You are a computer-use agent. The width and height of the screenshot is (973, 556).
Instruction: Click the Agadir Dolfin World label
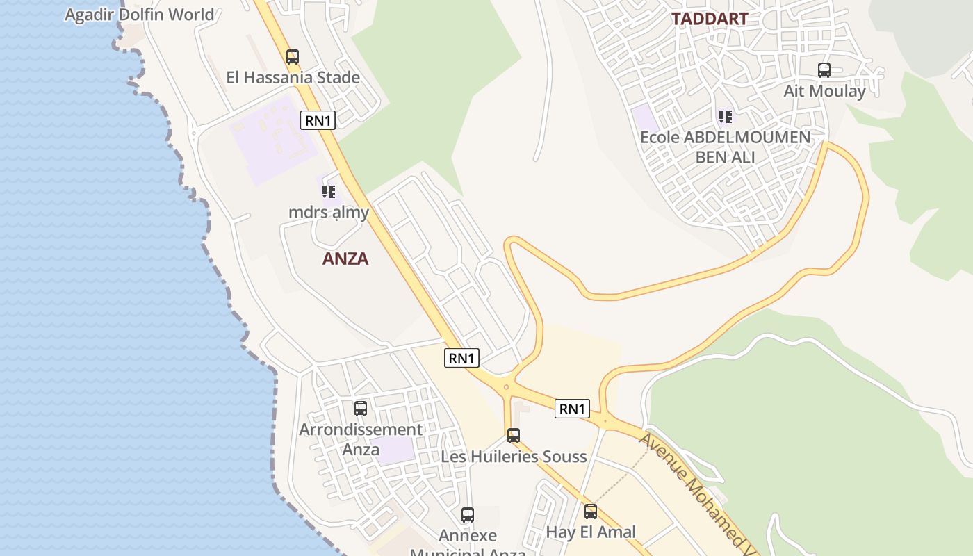click(139, 15)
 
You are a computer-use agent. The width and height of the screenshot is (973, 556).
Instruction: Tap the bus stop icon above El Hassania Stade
click(293, 57)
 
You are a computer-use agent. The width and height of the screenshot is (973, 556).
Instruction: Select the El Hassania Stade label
click(293, 77)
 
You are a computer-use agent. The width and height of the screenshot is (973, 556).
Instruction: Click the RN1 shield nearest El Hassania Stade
click(318, 120)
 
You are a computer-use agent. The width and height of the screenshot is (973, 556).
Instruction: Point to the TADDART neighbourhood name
click(710, 19)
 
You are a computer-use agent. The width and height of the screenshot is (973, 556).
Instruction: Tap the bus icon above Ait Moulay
click(824, 70)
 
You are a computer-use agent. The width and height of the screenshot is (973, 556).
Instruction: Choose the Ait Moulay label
click(824, 91)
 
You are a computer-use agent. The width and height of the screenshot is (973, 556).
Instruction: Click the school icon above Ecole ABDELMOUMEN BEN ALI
click(726, 117)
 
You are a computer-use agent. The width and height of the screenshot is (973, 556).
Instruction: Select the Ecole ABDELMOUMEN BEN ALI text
click(726, 147)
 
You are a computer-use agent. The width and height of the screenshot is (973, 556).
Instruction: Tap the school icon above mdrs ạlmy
click(329, 191)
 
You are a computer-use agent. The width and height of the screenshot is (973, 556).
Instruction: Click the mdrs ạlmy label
click(329, 212)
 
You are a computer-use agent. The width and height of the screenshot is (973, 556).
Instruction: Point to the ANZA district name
click(345, 259)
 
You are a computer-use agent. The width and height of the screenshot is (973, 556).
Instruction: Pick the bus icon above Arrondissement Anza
click(361, 409)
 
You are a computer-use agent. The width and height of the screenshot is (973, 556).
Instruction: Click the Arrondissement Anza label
click(361, 439)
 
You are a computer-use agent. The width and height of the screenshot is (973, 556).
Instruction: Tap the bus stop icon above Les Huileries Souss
click(514, 436)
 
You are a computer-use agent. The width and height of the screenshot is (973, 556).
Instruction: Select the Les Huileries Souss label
click(514, 457)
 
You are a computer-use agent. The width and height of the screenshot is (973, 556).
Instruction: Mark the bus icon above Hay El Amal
click(591, 512)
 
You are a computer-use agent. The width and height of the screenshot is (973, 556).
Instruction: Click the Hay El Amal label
click(591, 532)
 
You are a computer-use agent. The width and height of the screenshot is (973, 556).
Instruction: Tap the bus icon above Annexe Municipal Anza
click(468, 515)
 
